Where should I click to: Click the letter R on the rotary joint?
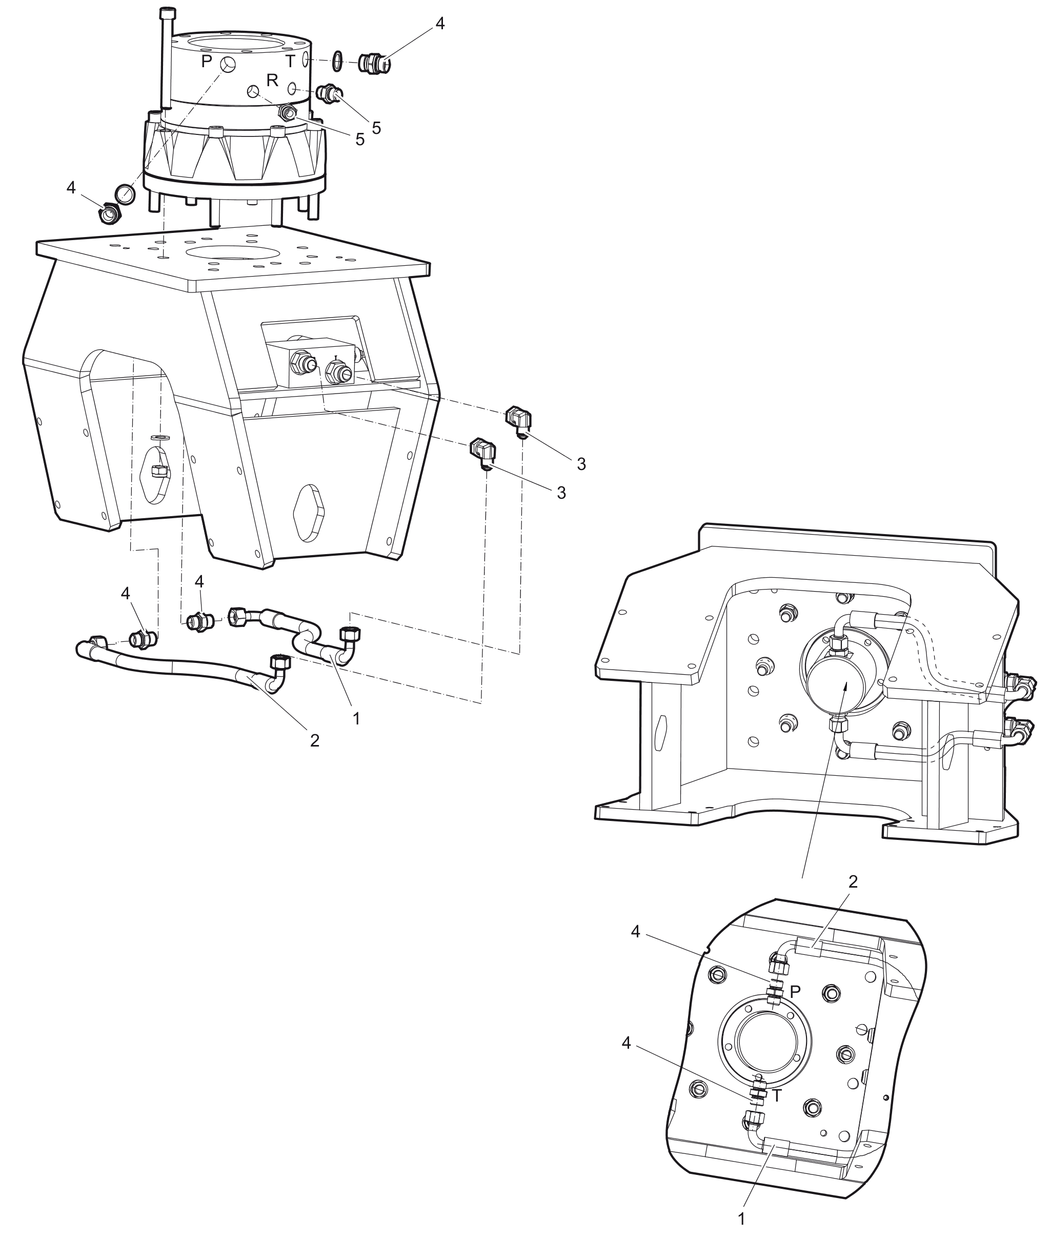click(273, 81)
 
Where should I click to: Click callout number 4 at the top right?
click(440, 24)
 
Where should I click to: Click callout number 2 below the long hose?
click(315, 740)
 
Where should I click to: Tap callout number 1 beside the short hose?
click(356, 719)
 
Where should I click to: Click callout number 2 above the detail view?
click(853, 881)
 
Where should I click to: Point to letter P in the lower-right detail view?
click(795, 992)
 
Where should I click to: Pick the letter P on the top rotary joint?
click(207, 62)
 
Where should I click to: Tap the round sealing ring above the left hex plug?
click(125, 193)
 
